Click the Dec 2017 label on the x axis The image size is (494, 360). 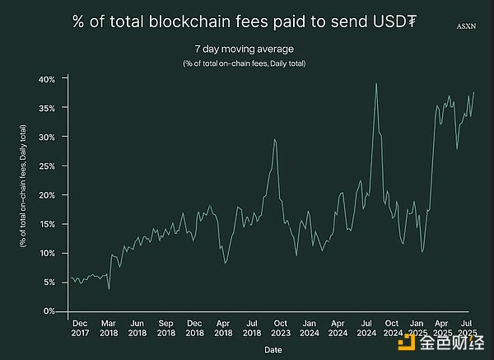tap(81, 328)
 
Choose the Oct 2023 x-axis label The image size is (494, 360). tap(280, 328)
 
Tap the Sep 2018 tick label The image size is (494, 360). tap(165, 328)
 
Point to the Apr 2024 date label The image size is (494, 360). tap(337, 328)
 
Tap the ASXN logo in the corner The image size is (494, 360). tap(466, 27)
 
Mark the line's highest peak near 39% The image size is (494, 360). tap(376, 83)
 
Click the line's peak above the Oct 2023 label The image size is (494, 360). tap(274, 139)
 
